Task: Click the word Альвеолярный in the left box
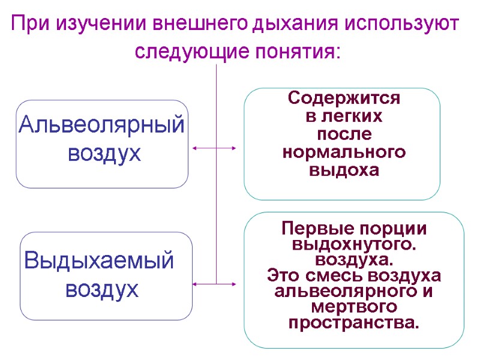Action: [101, 126]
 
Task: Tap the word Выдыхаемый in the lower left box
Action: [99, 261]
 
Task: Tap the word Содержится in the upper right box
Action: [344, 97]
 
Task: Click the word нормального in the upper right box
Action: [344, 152]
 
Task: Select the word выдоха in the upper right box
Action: [344, 170]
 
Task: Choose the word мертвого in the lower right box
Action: [353, 307]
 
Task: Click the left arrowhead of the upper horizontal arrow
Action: [194, 148]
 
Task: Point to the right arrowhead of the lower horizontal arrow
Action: [235, 283]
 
